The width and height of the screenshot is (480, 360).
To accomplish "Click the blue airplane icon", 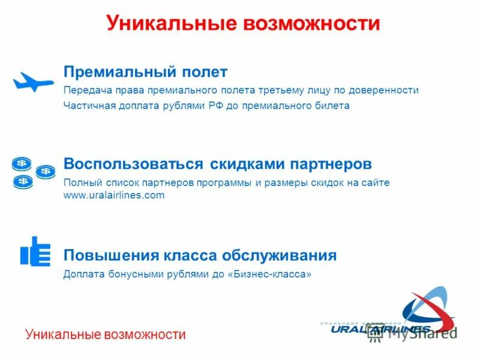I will [x=33, y=82].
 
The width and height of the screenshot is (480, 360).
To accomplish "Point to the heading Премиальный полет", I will [x=146, y=72].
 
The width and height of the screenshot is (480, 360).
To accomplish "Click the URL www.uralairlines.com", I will [x=113, y=196].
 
